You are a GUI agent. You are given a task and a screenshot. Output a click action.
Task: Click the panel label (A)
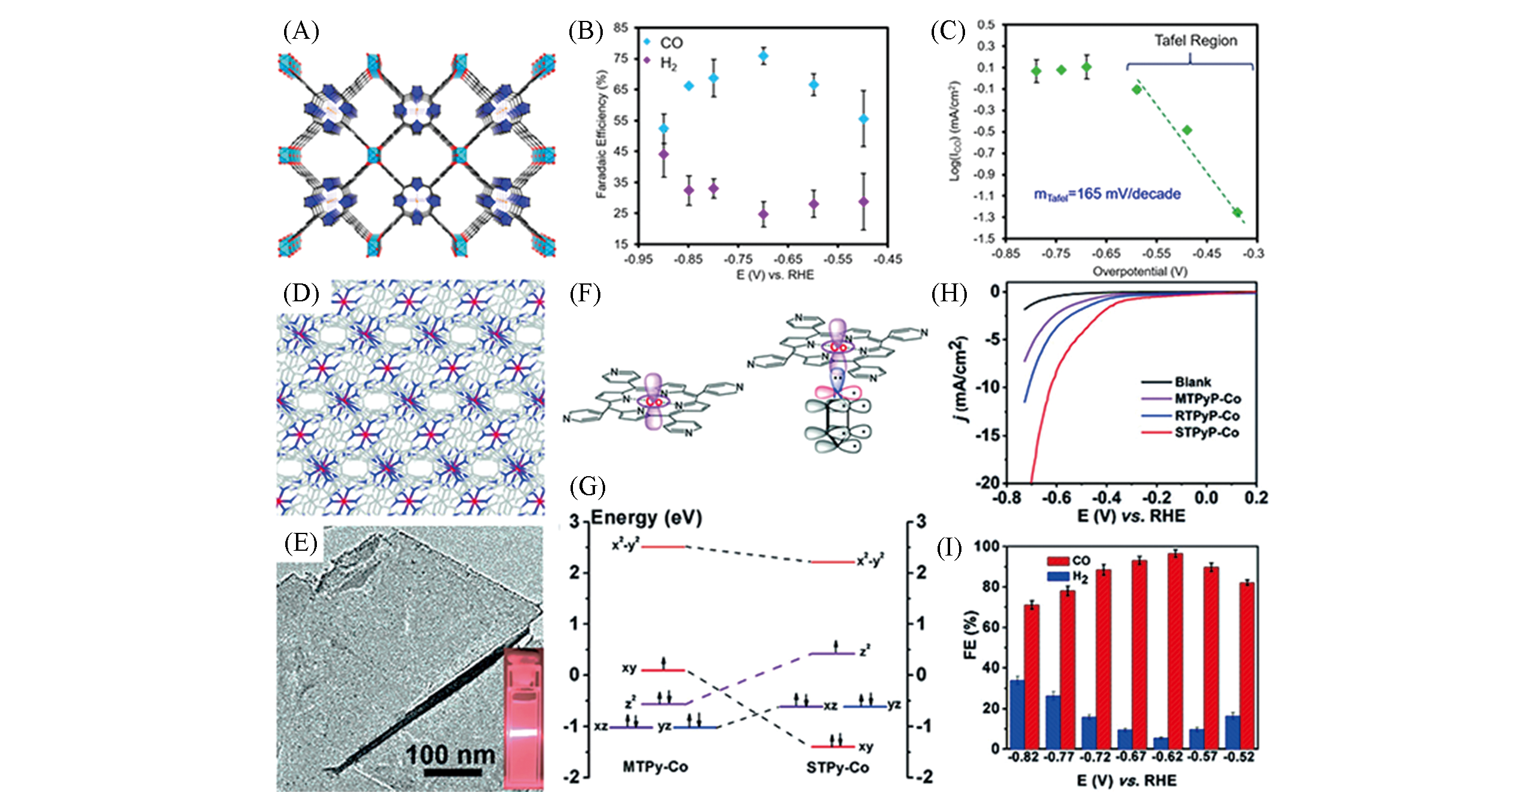(301, 31)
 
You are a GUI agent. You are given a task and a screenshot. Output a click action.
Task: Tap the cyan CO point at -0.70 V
(763, 56)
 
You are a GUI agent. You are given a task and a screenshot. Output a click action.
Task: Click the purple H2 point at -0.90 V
(663, 155)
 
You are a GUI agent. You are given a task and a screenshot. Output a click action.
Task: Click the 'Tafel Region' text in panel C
(1195, 41)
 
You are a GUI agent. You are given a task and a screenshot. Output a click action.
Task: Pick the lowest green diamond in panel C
(1237, 212)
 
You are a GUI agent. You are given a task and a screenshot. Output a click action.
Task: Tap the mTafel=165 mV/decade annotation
(1107, 194)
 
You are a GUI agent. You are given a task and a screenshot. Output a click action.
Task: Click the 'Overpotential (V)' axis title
(1139, 272)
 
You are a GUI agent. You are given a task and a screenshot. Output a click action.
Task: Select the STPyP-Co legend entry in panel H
(1206, 433)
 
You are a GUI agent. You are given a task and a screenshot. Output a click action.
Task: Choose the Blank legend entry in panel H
(1192, 382)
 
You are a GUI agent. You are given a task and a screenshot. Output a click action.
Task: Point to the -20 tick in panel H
(987, 482)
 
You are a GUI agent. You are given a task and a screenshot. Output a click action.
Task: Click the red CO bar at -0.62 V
(1175, 650)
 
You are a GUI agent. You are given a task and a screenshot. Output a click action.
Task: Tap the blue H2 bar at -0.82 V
(1017, 714)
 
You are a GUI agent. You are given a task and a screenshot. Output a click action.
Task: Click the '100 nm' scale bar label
(451, 755)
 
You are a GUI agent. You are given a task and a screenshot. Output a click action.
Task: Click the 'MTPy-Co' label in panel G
(655, 767)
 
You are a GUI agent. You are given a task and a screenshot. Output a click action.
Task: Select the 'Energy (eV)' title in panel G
(646, 518)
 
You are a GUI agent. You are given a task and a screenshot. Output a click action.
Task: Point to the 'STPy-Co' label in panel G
(837, 767)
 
